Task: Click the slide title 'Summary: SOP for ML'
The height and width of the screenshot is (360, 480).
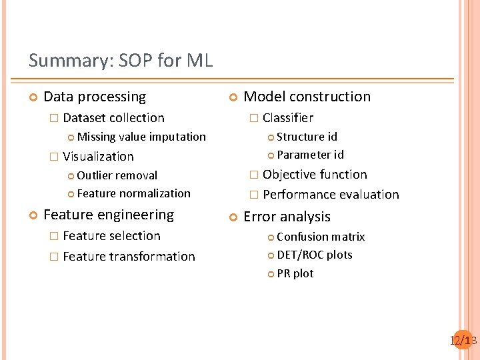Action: [121, 61]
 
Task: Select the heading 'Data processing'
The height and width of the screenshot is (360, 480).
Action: [94, 97]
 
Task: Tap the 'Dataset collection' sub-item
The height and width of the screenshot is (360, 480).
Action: [113, 118]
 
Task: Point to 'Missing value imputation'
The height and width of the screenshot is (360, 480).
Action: [141, 137]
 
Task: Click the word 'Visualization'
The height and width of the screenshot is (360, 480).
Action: [98, 157]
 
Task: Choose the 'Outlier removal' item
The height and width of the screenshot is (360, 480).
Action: [117, 175]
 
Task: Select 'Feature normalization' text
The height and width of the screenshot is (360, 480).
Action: [133, 193]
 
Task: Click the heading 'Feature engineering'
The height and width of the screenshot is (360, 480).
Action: [108, 215]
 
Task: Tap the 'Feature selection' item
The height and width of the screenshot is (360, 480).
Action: [111, 236]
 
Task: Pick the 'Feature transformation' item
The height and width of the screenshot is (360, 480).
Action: [129, 257]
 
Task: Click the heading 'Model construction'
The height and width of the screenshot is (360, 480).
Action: [307, 97]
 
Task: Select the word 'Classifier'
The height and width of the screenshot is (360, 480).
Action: [287, 118]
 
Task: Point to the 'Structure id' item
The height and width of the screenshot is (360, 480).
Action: [307, 137]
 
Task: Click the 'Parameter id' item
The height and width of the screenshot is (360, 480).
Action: [310, 155]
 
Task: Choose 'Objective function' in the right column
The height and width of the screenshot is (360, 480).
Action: [315, 175]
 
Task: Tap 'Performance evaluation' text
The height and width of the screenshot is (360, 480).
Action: [331, 195]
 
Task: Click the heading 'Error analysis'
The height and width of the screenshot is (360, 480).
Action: [287, 217]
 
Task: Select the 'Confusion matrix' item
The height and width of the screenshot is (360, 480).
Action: [321, 237]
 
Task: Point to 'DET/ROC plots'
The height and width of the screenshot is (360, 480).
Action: [314, 255]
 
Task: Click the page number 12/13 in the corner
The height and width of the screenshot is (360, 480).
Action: [463, 341]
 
